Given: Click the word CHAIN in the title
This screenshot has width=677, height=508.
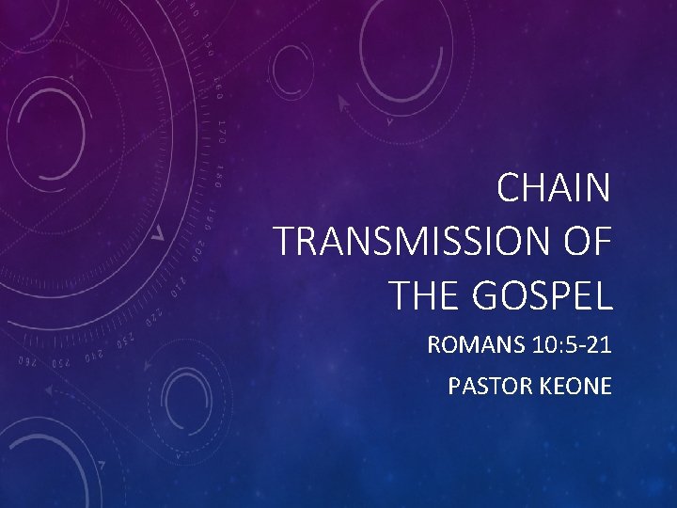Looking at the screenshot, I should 554,189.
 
